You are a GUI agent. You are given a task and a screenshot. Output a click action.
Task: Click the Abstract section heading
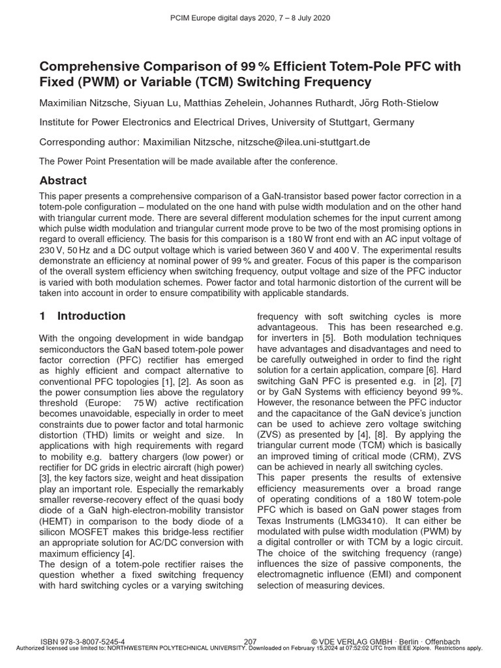point(63,181)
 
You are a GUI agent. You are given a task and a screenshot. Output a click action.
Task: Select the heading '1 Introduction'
point(82,316)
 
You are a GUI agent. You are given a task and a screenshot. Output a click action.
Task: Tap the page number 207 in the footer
point(250,642)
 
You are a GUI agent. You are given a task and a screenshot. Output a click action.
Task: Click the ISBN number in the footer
point(83,642)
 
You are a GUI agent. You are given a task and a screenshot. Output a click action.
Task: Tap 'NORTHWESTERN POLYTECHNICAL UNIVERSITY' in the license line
point(155,648)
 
